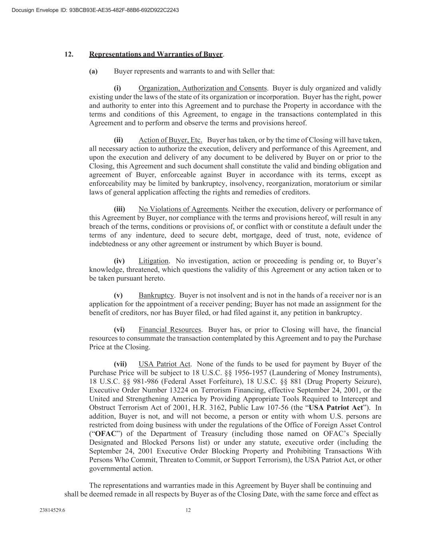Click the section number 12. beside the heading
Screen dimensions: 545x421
pos(69,54)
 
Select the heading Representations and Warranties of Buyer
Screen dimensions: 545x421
pos(156,54)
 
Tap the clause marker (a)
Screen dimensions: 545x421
pos(93,71)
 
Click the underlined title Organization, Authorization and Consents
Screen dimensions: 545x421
pos(202,88)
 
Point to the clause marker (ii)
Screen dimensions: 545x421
pos(119,140)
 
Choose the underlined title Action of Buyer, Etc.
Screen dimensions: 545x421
pos(170,140)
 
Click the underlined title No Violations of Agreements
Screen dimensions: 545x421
pos(183,209)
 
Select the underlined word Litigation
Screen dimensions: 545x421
pos(154,261)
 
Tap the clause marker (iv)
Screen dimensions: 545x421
pos(119,261)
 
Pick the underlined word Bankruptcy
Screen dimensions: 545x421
pos(156,295)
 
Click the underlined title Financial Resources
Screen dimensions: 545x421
pos(170,330)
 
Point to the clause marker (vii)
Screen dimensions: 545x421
pos(120,364)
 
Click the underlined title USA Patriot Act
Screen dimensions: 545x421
pos(164,364)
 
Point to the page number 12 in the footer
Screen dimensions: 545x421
pos(188,510)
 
